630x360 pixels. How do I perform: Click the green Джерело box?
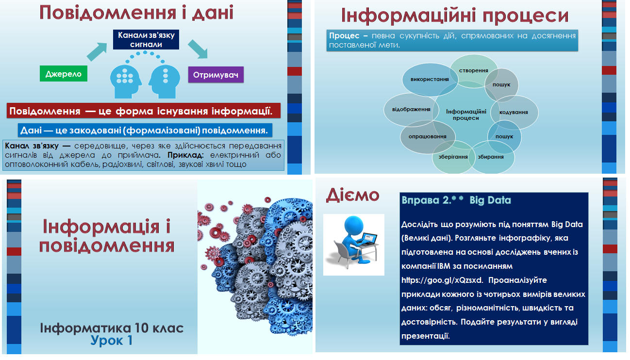point(64,74)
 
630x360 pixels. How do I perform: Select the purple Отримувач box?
point(216,75)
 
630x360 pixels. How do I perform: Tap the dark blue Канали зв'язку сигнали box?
point(146,40)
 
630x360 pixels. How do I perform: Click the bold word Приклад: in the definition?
point(187,155)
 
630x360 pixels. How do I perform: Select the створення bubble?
point(473,71)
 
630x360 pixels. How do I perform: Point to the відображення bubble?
point(411,109)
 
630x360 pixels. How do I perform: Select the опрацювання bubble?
point(427,136)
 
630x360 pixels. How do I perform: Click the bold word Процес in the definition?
point(344,36)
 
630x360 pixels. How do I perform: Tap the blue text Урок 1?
point(112,341)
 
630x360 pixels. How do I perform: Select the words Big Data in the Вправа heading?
point(490,200)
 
